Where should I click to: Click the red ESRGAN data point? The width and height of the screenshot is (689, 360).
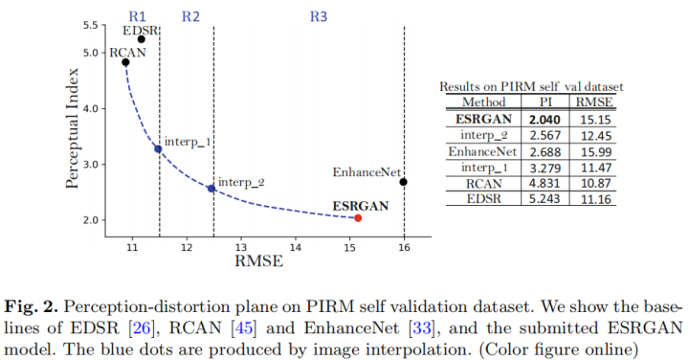(x=358, y=218)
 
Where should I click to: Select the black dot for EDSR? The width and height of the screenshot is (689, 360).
(x=142, y=39)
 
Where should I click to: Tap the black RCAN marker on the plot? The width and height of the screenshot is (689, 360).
(x=125, y=62)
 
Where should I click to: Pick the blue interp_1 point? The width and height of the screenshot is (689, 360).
(x=158, y=148)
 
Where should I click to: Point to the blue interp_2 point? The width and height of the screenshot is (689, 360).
(x=211, y=189)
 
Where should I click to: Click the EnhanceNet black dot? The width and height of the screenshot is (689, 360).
(x=404, y=182)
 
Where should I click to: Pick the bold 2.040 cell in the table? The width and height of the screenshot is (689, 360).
(x=544, y=119)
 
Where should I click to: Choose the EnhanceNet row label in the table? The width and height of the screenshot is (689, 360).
(x=483, y=151)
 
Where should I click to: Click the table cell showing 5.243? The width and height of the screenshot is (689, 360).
(x=544, y=199)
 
